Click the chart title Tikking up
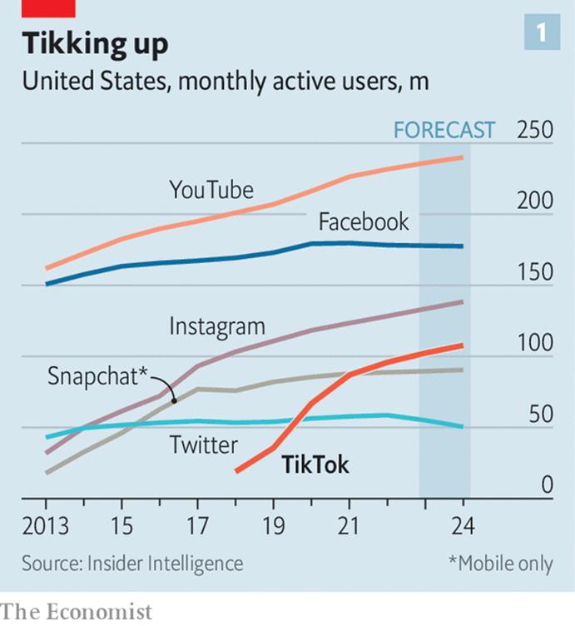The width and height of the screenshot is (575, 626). [x=95, y=44]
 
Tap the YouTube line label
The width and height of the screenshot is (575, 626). [x=211, y=190]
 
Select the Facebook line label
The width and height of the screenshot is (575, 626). [x=364, y=221]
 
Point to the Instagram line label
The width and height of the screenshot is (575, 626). [x=217, y=325]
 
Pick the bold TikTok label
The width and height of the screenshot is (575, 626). [x=315, y=465]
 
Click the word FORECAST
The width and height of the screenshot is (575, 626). [x=444, y=130]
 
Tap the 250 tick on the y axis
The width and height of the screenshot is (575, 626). [x=535, y=130]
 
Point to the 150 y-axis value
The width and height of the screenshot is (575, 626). [x=535, y=272]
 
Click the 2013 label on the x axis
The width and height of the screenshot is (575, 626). [x=46, y=528]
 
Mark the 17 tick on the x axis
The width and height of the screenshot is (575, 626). [x=197, y=528]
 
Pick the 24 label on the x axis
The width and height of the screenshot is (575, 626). [x=463, y=528]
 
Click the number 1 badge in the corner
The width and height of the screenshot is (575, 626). [x=542, y=33]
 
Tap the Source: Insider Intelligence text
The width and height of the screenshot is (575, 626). [x=132, y=563]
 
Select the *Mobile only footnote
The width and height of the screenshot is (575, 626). [x=500, y=563]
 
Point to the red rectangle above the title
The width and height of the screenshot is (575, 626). [x=49, y=8]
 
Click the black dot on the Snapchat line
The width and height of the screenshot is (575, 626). [x=174, y=401]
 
